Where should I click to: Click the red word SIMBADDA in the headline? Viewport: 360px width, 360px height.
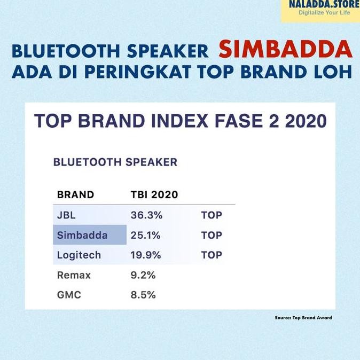pyautogui.click(x=285, y=49)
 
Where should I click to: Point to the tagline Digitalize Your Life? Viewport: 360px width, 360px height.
pyautogui.click(x=324, y=12)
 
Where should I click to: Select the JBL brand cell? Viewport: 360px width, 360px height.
pyautogui.click(x=67, y=215)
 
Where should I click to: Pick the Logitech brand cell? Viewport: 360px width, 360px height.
pyautogui.click(x=79, y=255)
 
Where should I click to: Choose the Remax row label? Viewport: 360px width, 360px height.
pyautogui.click(x=74, y=275)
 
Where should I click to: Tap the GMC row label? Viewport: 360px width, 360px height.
pyautogui.click(x=69, y=294)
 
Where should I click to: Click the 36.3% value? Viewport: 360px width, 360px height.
pyautogui.click(x=146, y=215)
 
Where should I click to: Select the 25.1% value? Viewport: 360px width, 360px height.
pyautogui.click(x=146, y=235)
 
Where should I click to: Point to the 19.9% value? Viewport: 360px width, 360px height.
pyautogui.click(x=146, y=255)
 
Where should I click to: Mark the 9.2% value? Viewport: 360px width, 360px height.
pyautogui.click(x=143, y=275)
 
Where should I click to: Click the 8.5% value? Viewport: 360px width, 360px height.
pyautogui.click(x=143, y=294)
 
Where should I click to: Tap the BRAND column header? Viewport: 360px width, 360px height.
pyautogui.click(x=75, y=194)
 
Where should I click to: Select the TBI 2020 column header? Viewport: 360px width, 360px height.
pyautogui.click(x=154, y=194)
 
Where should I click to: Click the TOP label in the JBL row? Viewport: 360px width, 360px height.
pyautogui.click(x=212, y=215)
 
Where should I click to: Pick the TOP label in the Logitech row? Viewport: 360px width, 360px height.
pyautogui.click(x=212, y=255)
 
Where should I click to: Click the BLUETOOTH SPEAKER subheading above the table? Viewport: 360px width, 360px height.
pyautogui.click(x=115, y=162)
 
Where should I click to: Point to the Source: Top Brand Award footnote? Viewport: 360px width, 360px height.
pyautogui.click(x=303, y=317)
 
